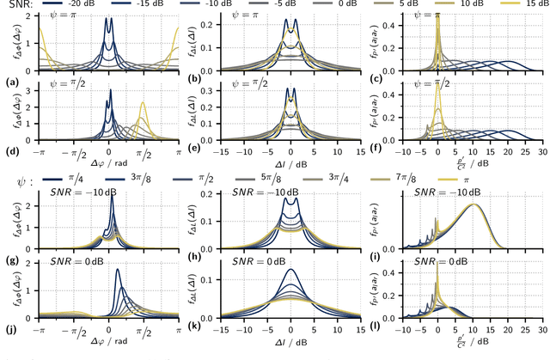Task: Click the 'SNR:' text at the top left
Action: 15,7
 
